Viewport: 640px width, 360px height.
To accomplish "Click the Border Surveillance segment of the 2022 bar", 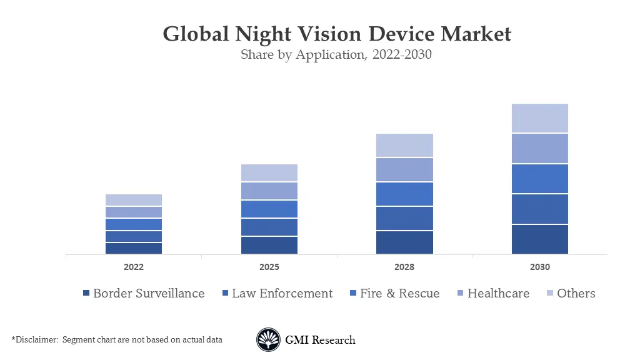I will click(134, 248).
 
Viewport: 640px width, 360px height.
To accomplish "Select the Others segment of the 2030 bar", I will click(540, 118).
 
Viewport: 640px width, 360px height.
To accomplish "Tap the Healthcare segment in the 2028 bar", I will click(404, 169).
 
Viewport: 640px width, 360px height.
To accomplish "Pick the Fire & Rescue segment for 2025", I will click(269, 209).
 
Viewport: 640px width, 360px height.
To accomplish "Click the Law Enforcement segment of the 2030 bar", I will click(540, 209).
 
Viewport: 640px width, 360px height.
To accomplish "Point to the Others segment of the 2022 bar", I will click(134, 200).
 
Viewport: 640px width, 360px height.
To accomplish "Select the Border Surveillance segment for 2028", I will click(404, 242).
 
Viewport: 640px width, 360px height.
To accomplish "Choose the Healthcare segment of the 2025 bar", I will click(269, 191).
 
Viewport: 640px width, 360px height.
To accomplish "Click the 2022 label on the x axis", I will click(134, 267).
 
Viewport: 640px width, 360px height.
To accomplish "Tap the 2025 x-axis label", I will click(269, 267).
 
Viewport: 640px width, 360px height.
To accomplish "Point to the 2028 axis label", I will click(404, 267).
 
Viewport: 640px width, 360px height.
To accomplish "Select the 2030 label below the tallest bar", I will click(540, 267).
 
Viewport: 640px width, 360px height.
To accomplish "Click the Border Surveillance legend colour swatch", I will click(86, 294).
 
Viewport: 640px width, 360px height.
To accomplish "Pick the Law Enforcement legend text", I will click(282, 293).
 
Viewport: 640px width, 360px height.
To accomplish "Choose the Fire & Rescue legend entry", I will click(399, 293).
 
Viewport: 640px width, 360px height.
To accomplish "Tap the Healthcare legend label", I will click(498, 293).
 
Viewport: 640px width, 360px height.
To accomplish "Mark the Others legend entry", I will click(576, 293).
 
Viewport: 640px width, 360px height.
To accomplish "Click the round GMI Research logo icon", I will click(268, 340).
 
